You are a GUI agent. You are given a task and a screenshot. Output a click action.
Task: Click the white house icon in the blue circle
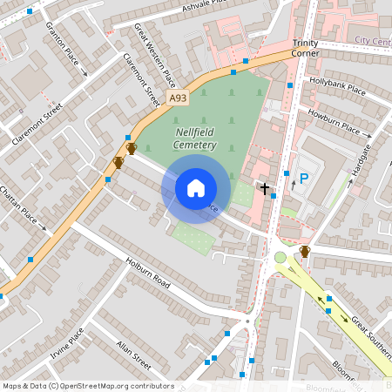(196, 186)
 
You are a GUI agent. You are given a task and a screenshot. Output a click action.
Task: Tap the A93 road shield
(178, 98)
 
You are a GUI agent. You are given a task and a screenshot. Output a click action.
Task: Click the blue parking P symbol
(304, 179)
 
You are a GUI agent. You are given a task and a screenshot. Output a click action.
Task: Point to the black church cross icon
(265, 187)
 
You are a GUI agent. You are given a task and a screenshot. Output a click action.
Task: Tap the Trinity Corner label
(306, 47)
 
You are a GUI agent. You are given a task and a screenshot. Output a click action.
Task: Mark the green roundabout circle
(280, 257)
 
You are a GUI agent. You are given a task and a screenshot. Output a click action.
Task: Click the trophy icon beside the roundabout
(305, 252)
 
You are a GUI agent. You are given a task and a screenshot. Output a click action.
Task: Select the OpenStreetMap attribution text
(88, 385)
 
